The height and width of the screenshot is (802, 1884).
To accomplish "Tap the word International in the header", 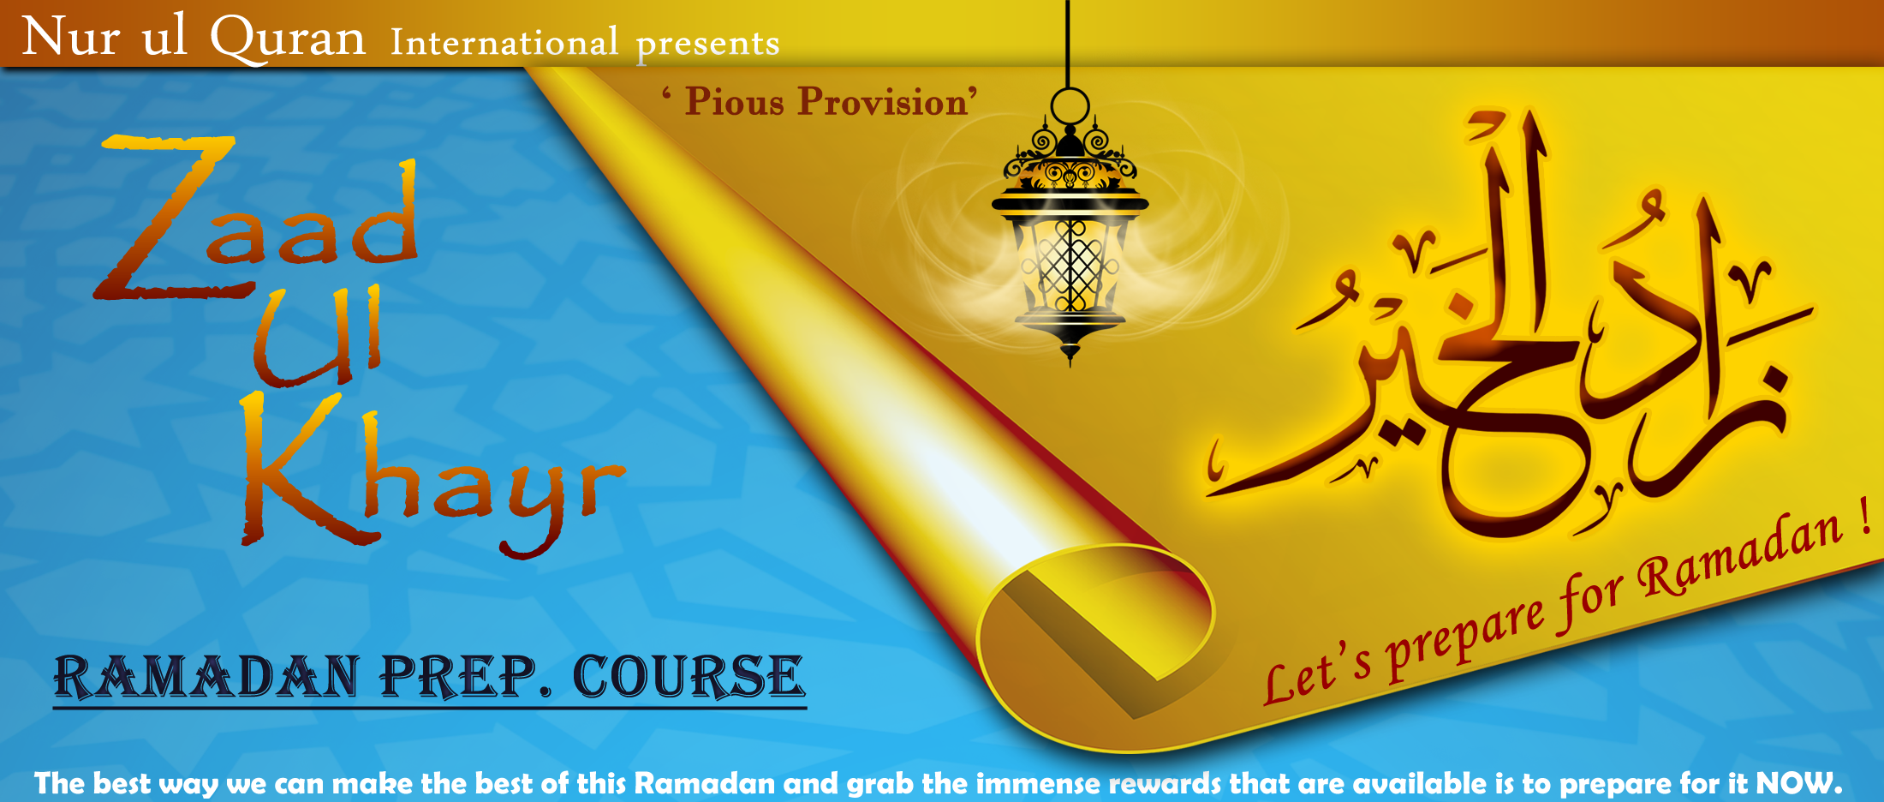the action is click(x=504, y=42).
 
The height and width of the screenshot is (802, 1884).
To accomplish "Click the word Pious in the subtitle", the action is click(x=735, y=101).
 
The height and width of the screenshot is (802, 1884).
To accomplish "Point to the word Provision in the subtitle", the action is click(x=884, y=101).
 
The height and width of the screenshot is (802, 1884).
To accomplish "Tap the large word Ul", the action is click(x=317, y=336).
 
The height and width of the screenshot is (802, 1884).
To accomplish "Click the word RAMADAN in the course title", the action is click(x=207, y=677).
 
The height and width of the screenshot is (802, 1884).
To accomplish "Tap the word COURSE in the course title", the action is click(x=689, y=677).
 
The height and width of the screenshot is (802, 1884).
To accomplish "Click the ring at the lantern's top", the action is click(x=1070, y=107).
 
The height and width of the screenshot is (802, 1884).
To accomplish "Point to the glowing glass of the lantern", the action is click(x=1070, y=265).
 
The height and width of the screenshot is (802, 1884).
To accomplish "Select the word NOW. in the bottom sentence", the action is click(x=1798, y=783).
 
